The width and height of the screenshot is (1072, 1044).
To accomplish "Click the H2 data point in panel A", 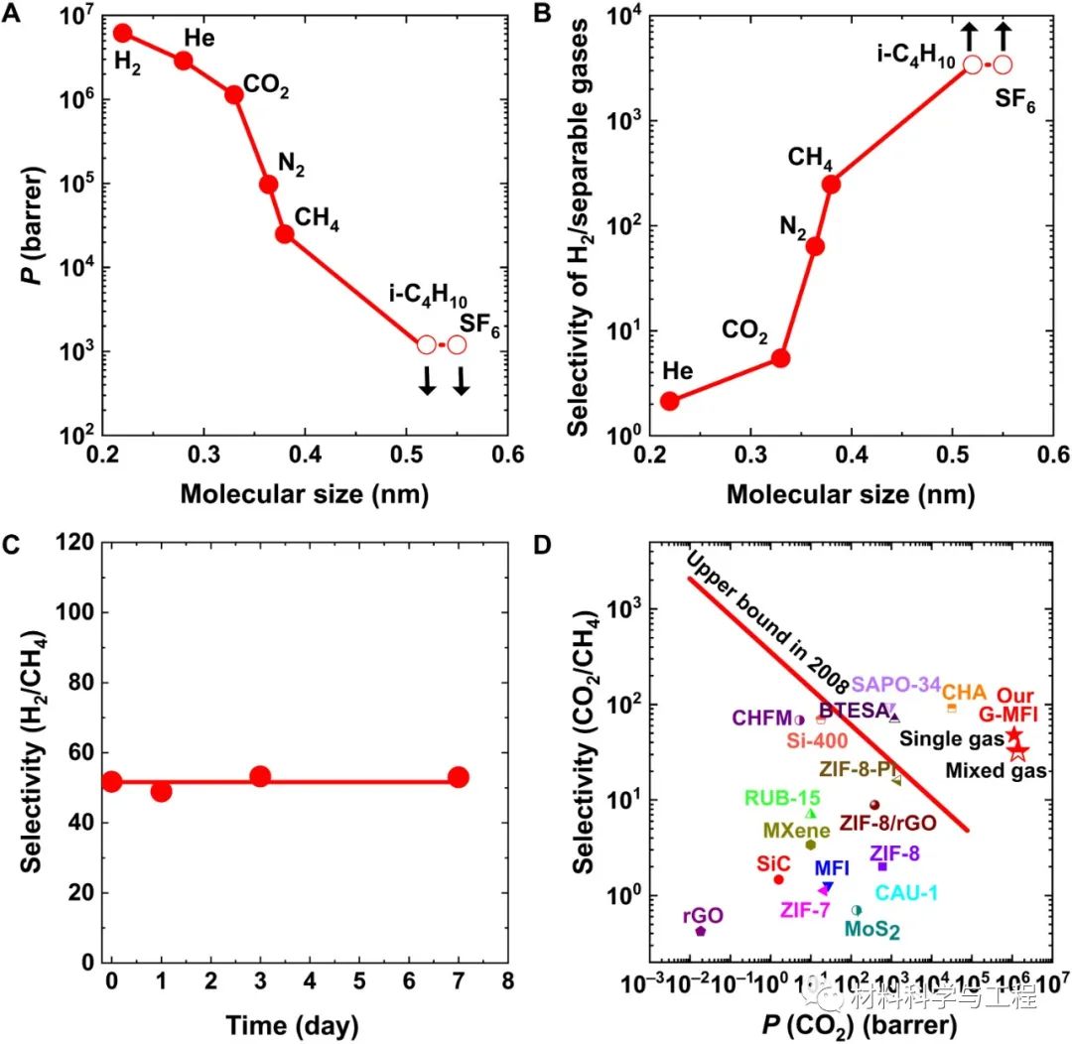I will pyautogui.click(x=123, y=33).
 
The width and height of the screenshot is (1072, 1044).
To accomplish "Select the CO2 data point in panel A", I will pyautogui.click(x=234, y=94).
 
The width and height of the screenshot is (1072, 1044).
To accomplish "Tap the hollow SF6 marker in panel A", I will pyautogui.click(x=457, y=344).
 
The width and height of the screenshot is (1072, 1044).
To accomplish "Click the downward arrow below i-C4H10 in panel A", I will pyautogui.click(x=427, y=380).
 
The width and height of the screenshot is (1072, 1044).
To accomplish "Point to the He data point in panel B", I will pyautogui.click(x=670, y=401).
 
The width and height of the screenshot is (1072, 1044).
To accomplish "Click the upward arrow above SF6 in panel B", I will pyautogui.click(x=1003, y=37).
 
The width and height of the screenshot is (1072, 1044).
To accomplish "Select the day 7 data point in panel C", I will pyautogui.click(x=458, y=777).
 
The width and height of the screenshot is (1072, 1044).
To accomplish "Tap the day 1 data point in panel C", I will pyautogui.click(x=161, y=791).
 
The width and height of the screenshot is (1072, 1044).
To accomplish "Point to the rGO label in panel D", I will pyautogui.click(x=701, y=916).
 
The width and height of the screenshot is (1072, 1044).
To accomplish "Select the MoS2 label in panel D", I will pyautogui.click(x=872, y=930).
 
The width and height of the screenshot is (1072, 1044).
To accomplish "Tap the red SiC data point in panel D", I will pyautogui.click(x=779, y=879).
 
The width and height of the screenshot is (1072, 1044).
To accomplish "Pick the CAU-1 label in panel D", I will pyautogui.click(x=906, y=892).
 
